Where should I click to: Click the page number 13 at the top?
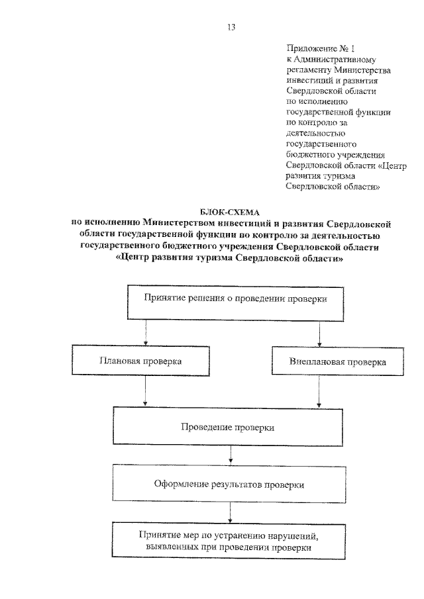[x=231, y=27]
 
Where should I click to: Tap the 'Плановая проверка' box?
[x=140, y=362]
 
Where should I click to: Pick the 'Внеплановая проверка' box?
[x=337, y=363]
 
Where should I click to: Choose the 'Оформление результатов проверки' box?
[x=229, y=484]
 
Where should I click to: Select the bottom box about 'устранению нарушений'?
[x=230, y=541]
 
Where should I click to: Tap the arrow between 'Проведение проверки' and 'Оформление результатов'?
[x=230, y=455]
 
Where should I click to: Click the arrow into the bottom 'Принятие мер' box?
[x=230, y=513]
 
